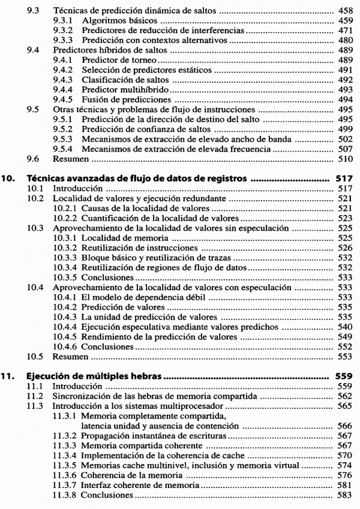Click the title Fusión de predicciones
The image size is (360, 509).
click(126, 100)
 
